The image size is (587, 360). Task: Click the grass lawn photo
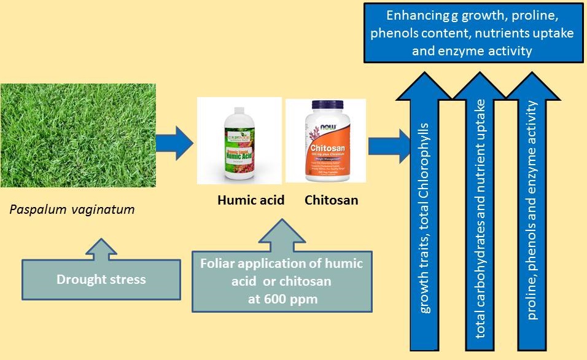click(x=78, y=135)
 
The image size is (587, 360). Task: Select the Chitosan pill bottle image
click(x=325, y=141)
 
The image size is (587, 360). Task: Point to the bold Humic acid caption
click(x=251, y=200)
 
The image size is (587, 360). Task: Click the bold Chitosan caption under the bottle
click(x=331, y=200)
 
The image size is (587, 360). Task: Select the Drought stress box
click(x=101, y=280)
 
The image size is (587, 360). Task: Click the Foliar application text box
click(x=282, y=281)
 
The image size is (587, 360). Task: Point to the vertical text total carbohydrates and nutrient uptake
click(x=481, y=218)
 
